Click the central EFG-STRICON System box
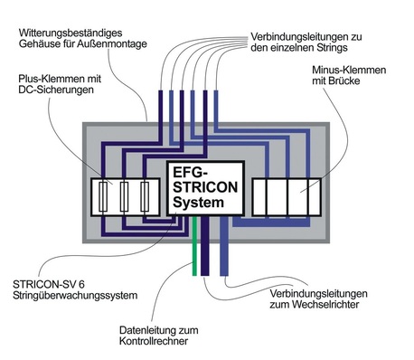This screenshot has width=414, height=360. tap(202, 187)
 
